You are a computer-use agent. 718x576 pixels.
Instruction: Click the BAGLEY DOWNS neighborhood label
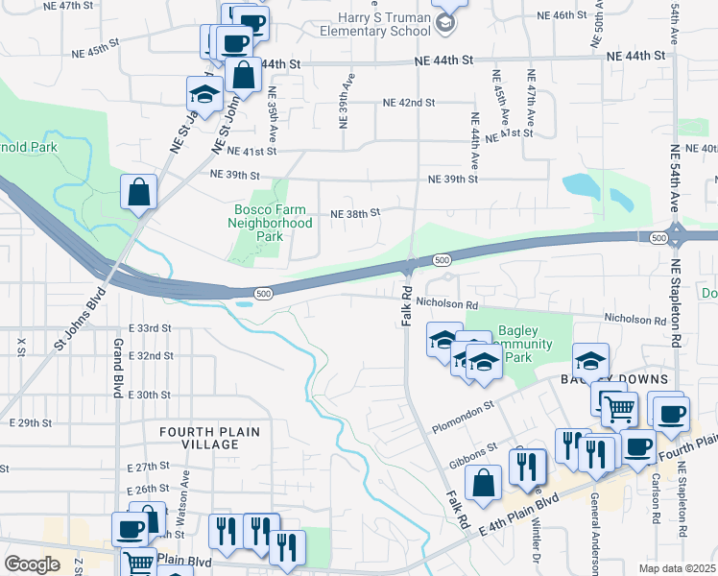click(601, 380)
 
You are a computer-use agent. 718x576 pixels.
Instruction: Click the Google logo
click(32, 564)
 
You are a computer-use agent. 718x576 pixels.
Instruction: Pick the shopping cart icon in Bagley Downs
click(619, 410)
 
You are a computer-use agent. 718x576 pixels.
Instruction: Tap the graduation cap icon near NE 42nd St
click(205, 93)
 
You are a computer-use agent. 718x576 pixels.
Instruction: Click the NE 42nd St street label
click(409, 103)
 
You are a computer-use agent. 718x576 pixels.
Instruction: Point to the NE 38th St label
click(356, 213)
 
